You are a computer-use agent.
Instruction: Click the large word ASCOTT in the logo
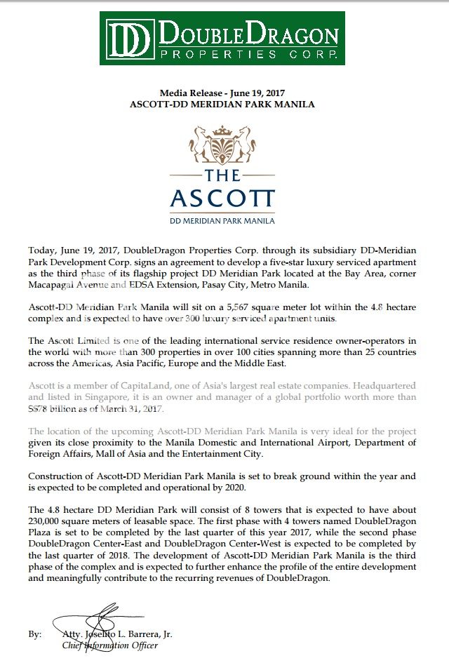[222, 198]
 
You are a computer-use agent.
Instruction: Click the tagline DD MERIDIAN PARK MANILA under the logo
[222, 220]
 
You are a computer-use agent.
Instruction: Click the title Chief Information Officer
[109, 645]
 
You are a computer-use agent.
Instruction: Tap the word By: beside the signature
[34, 634]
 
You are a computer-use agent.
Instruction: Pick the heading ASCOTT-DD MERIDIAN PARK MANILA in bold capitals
[222, 104]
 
